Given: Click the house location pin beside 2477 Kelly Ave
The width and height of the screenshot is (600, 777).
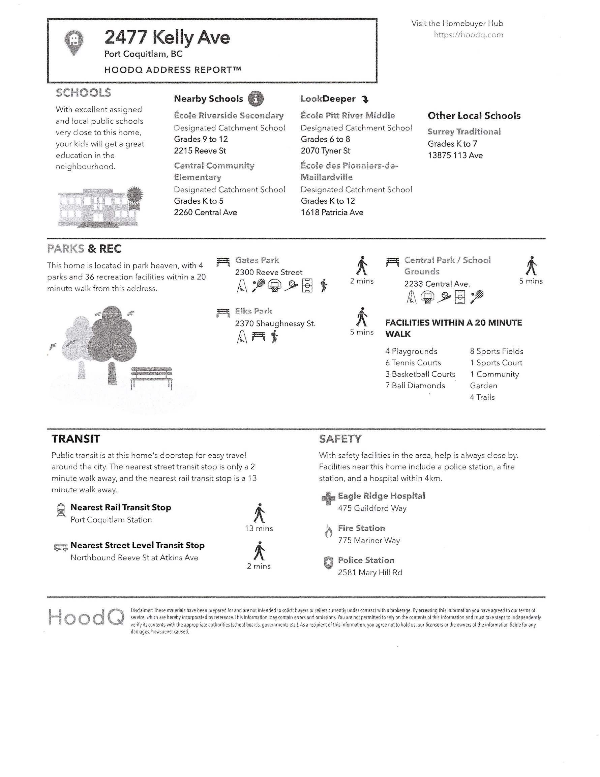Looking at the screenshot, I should [x=74, y=42].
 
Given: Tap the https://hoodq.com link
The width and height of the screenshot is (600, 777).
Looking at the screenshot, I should [x=468, y=35].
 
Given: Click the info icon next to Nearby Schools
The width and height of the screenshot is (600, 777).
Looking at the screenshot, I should [x=256, y=98].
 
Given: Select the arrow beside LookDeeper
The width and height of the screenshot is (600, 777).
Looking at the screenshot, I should [x=365, y=99].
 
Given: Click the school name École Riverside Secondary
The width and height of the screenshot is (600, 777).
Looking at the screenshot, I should [x=229, y=116].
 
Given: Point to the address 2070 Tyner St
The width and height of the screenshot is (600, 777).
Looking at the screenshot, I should [x=325, y=151].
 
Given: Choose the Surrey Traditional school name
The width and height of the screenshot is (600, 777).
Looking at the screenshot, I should [x=464, y=132].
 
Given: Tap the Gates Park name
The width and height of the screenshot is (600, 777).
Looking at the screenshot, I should [x=257, y=260].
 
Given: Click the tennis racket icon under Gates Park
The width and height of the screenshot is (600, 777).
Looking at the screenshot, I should [x=258, y=285].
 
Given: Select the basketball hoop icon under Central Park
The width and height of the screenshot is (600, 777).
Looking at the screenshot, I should [x=427, y=297].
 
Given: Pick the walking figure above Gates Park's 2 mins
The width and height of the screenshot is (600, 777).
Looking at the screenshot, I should [x=362, y=266].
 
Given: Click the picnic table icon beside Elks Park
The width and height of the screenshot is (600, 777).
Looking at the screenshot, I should [x=223, y=313].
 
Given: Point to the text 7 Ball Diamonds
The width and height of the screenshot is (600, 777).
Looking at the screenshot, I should [x=415, y=386].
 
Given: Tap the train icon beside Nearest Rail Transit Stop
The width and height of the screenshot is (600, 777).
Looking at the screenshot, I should [x=61, y=510].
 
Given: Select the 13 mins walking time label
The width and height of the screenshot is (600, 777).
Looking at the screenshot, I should [x=259, y=528].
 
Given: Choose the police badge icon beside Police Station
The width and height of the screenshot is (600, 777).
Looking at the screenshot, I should [x=328, y=563].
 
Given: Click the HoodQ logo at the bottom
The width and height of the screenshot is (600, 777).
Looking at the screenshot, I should [x=86, y=617].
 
